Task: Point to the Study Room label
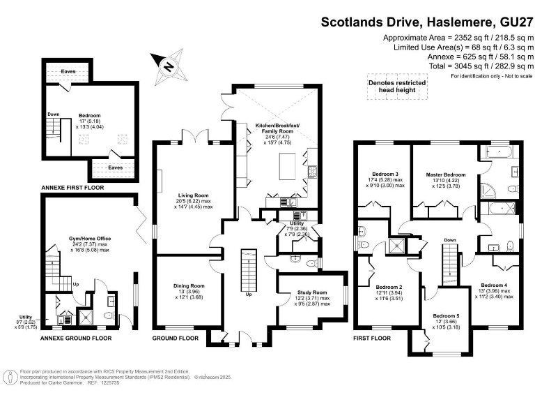coord(310,292)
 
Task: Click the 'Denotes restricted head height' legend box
coord(397,86)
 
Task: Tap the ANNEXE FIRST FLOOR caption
coord(72,188)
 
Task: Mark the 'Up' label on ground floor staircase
coord(248,294)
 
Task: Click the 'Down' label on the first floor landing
coord(450,240)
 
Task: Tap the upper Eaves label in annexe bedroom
coord(68,71)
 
